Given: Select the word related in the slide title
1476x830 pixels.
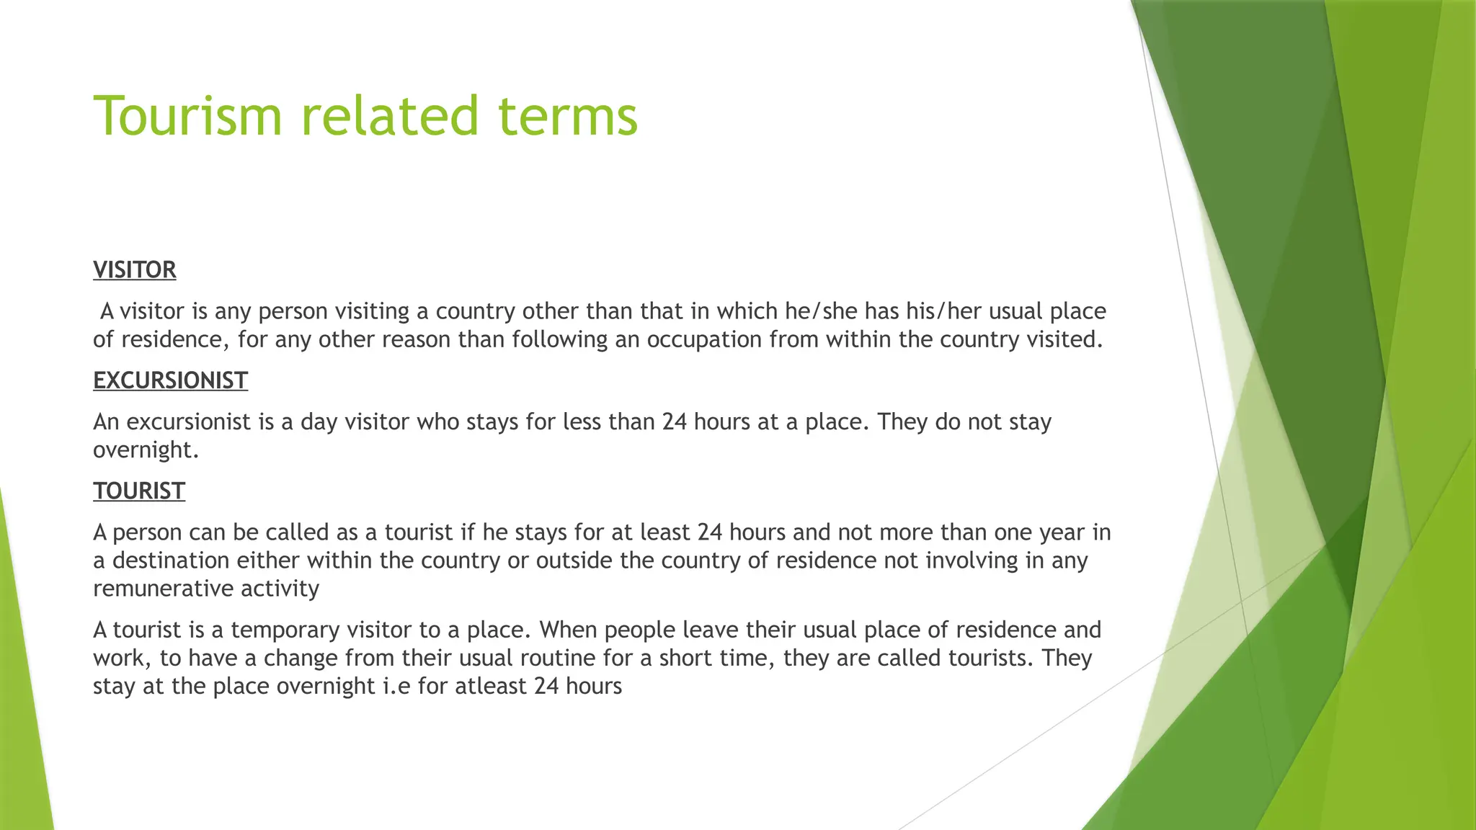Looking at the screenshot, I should (389, 116).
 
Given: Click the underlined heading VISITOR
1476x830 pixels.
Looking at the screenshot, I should (135, 270).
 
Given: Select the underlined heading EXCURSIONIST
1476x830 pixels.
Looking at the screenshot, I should (170, 380).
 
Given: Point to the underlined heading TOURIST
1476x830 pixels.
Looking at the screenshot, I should (139, 491).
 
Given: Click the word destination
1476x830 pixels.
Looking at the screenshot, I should (171, 561).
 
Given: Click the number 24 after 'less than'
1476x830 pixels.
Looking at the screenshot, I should (675, 422).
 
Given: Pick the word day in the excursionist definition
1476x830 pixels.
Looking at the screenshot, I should (319, 422).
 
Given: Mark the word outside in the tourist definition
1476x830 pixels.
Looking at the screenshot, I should (574, 561).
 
